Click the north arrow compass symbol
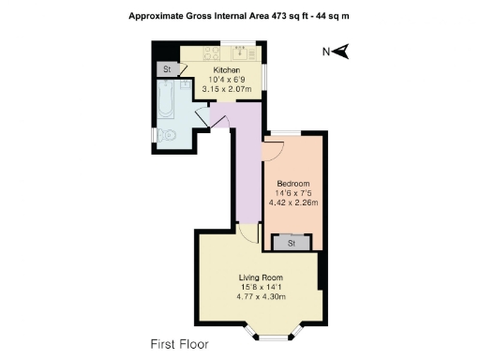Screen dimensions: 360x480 (342, 52)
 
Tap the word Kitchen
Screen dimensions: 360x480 (227, 70)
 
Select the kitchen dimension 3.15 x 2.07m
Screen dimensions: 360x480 (227, 91)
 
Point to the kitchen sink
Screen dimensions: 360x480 (240, 52)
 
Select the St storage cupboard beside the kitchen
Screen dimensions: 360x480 (168, 70)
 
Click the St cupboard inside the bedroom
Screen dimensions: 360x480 (292, 243)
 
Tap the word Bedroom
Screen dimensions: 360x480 (292, 182)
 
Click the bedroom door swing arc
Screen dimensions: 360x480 (275, 151)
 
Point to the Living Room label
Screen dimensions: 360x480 (261, 277)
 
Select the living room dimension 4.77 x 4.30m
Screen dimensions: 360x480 (261, 297)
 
